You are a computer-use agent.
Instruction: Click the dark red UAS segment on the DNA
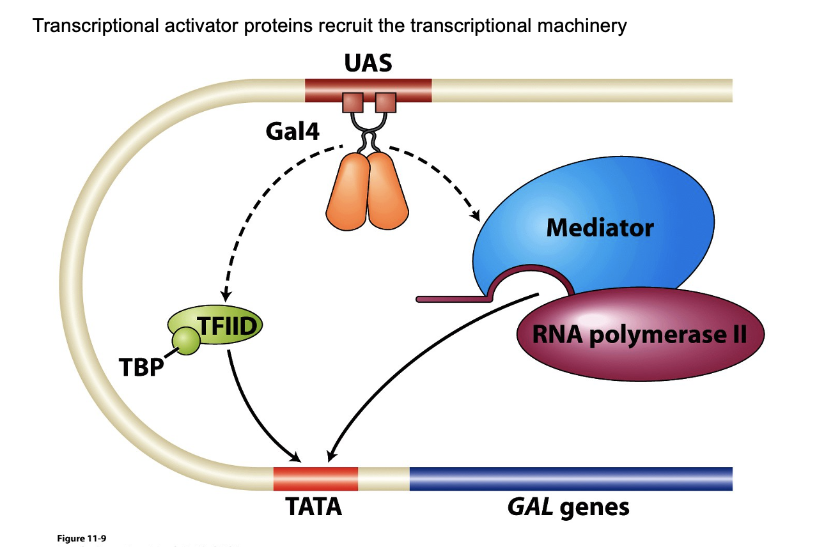(368, 90)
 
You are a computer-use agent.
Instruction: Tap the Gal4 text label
(293, 132)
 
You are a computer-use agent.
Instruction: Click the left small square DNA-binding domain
(353, 102)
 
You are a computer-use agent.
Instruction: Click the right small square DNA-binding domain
(385, 102)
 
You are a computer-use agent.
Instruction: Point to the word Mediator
(600, 227)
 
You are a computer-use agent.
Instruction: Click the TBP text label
(141, 367)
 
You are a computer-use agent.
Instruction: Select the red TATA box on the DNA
(315, 479)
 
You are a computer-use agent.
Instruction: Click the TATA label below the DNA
(313, 507)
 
